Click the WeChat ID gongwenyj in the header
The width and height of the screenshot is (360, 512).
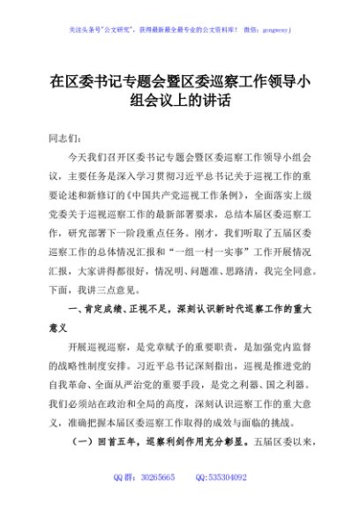pyautogui.click(x=275, y=28)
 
